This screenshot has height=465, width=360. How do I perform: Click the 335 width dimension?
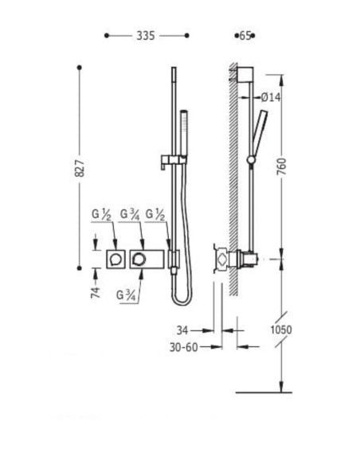[145, 36]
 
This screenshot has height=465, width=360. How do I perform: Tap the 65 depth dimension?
[245, 36]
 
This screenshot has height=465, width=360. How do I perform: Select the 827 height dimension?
[80, 169]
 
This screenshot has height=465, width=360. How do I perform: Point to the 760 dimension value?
[281, 166]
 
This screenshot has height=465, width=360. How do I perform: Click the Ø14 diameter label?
[271, 97]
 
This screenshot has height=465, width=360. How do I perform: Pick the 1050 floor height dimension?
[281, 330]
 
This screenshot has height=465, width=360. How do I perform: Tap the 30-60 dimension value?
[183, 347]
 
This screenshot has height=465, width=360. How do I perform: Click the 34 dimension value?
[182, 330]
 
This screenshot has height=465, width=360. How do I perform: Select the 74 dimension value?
[96, 292]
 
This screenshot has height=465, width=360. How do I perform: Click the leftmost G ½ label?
[101, 214]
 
